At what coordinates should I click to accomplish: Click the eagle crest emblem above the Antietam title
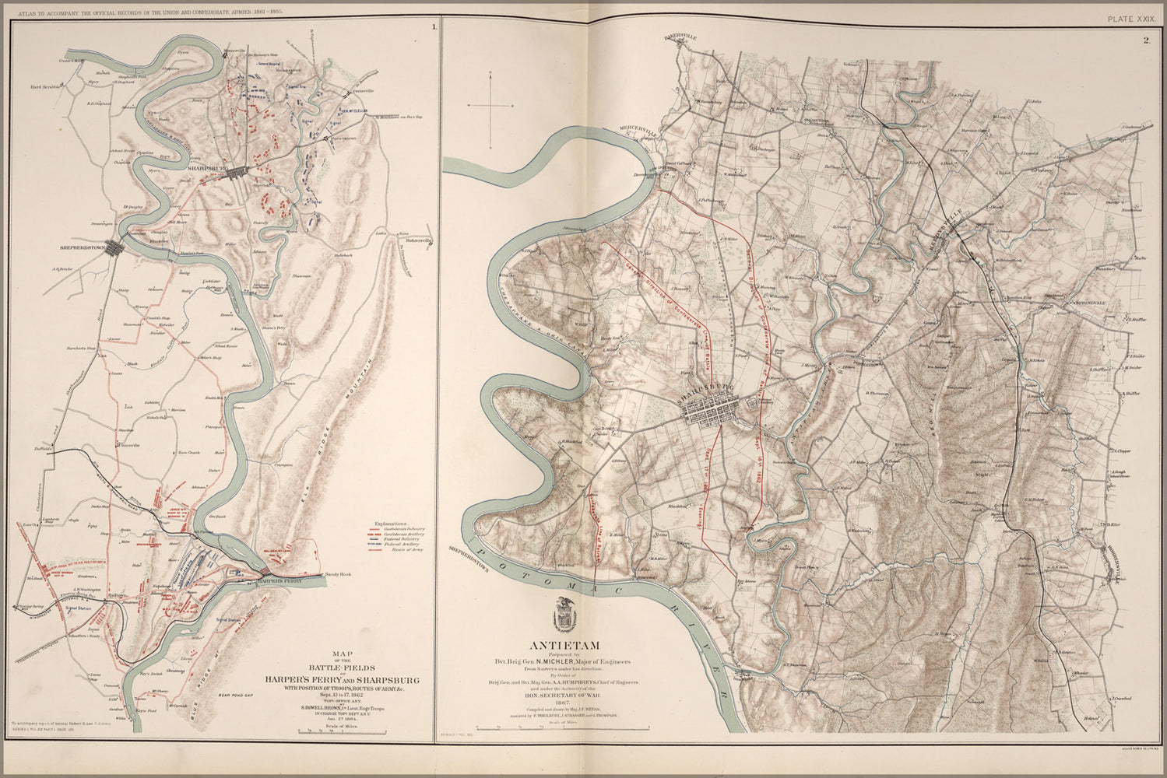[564, 615]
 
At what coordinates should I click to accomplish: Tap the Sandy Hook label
[339, 574]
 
